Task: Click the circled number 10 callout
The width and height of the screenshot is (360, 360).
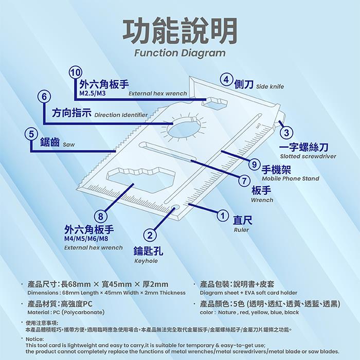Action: point(75,73)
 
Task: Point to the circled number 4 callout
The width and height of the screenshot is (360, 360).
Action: point(226,80)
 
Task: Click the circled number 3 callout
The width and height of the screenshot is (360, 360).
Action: point(286,133)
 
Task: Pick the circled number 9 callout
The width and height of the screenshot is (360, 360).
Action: point(254,165)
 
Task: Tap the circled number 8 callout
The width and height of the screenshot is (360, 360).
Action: point(101,217)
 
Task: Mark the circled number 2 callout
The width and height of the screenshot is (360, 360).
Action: point(150,236)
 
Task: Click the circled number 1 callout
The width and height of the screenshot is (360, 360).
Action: point(222,215)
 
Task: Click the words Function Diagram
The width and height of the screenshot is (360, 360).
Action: point(180,53)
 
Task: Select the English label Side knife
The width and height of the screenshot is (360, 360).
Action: point(270,86)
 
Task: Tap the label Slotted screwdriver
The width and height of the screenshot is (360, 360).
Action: point(308,156)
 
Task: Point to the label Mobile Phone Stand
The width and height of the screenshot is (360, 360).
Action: point(291,178)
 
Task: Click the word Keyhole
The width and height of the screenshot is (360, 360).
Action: point(146,261)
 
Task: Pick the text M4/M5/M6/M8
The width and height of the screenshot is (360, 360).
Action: point(86,239)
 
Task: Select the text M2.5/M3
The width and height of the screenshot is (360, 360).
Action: point(92,94)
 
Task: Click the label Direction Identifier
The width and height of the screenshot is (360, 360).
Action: point(121,115)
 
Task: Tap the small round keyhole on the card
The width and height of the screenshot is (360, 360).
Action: point(176,208)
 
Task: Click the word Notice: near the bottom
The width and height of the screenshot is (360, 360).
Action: point(34,339)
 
